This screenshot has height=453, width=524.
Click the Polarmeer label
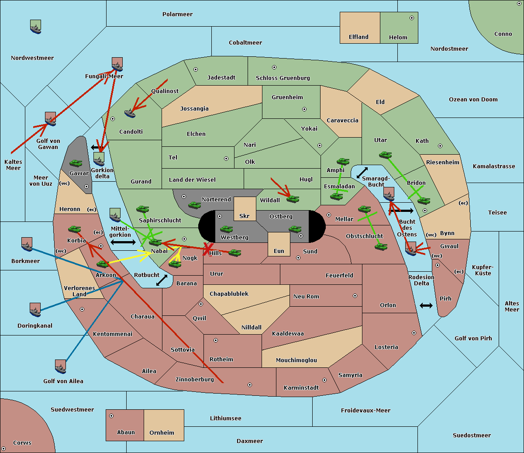coord(177,14)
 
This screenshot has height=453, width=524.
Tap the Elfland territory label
coord(359,37)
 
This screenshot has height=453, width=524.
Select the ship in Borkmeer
coord(27,245)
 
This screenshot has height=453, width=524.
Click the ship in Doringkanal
coord(35,310)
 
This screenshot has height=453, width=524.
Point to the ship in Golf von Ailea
coord(60,367)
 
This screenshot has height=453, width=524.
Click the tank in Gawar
coord(76,163)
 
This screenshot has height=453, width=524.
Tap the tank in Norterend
coord(194,205)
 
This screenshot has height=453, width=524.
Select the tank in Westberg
coord(226,229)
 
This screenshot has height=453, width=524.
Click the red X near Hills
coord(207,249)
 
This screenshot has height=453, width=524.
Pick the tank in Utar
coord(385,155)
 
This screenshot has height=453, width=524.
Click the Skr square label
coord(245,216)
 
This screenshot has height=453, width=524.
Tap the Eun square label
coord(279,251)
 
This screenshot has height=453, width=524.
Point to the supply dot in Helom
coord(411,18)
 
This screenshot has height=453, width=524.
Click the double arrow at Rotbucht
coord(162,280)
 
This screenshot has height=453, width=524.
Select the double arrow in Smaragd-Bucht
coord(362,173)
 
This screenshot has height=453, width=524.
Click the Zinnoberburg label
coord(195,379)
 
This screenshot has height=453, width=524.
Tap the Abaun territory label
coord(126,432)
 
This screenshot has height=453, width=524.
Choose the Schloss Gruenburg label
coord(283,78)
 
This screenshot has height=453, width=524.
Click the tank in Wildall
coord(293,199)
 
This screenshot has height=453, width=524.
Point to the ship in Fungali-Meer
coord(117,65)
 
